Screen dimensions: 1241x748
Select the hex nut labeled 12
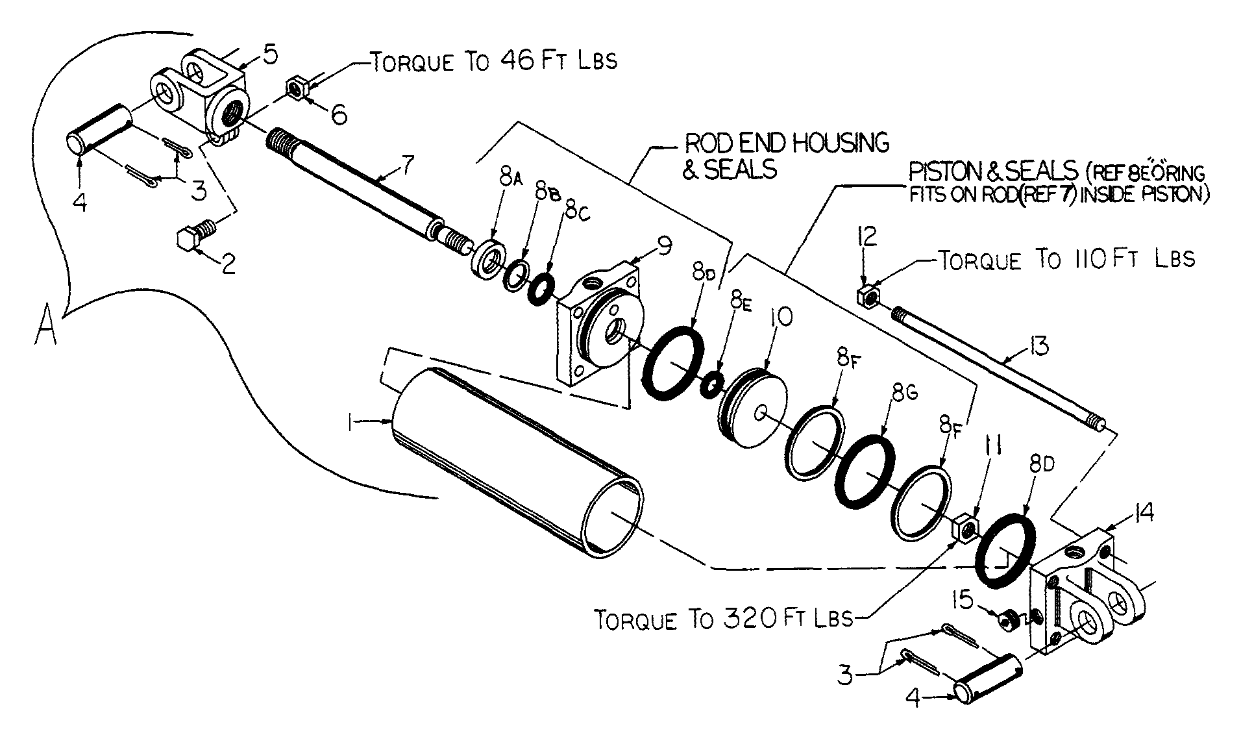[x=868, y=296]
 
